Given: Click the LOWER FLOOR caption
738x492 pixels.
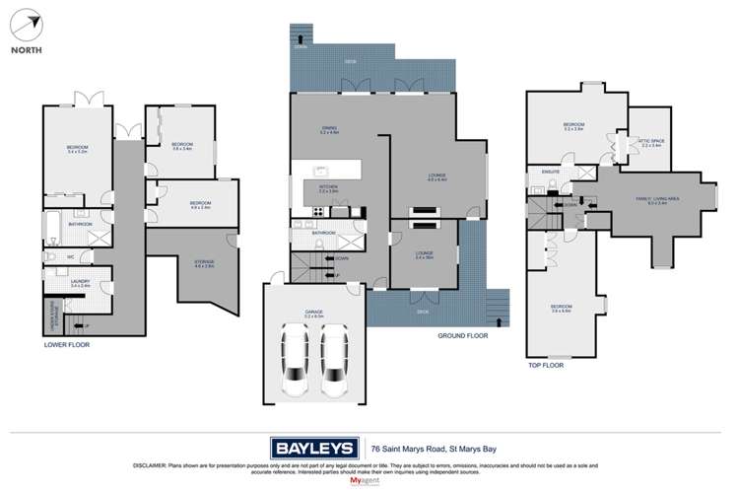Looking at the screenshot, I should click(67, 345).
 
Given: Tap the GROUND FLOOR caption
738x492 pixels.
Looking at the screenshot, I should click(462, 336).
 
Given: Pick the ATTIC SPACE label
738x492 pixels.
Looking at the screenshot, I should click(653, 143).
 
